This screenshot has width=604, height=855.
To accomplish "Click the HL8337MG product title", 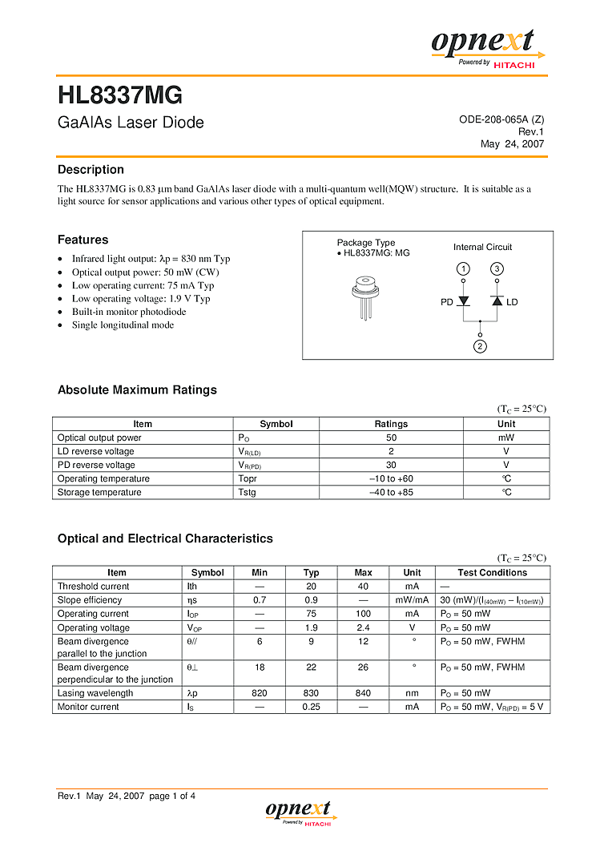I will click(x=120, y=96).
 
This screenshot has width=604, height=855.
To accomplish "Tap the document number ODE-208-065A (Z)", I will click(x=501, y=119).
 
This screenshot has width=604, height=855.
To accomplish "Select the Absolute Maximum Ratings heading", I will click(x=137, y=390).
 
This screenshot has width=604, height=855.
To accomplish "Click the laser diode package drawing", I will click(x=365, y=296).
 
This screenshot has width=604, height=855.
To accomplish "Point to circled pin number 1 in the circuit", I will click(x=463, y=268).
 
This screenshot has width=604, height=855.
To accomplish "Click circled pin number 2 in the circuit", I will click(x=480, y=346).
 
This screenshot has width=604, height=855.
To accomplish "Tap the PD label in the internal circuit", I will click(x=447, y=302).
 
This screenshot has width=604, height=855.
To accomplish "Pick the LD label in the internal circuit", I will click(x=513, y=302).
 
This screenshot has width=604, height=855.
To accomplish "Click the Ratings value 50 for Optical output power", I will click(x=391, y=438).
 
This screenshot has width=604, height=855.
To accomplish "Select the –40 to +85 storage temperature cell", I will click(x=391, y=492).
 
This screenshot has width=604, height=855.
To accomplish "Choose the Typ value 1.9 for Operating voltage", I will click(x=311, y=627).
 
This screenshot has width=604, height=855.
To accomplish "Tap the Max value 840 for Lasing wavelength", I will click(x=363, y=693).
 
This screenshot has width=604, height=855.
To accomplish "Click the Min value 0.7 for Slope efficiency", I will click(x=260, y=599).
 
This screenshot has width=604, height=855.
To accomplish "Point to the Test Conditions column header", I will click(x=492, y=572).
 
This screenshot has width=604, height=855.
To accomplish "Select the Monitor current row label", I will click(x=88, y=707).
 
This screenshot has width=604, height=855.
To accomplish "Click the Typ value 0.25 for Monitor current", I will click(x=311, y=707).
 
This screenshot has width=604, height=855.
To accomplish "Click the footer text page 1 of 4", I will click(x=172, y=796).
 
